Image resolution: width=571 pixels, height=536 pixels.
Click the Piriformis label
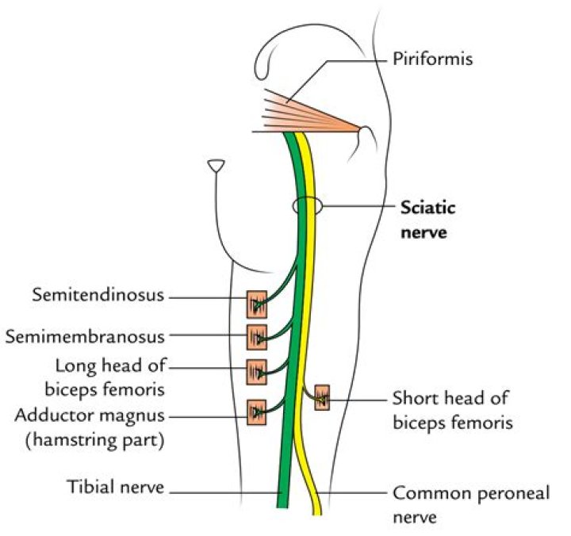click(431, 60)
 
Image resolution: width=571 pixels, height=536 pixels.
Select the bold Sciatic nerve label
click(429, 220)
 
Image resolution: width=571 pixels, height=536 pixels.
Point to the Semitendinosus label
click(98, 296)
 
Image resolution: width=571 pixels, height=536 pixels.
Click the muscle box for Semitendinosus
click(257, 304)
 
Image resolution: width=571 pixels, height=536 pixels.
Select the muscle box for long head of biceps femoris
click(257, 371)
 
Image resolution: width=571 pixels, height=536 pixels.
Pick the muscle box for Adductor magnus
click(257, 412)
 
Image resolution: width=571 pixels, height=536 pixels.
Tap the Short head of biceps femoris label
click(450, 410)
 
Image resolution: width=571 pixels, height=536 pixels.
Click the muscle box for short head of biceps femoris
click(321, 396)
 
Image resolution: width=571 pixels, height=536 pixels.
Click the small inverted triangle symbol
click(215, 166)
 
